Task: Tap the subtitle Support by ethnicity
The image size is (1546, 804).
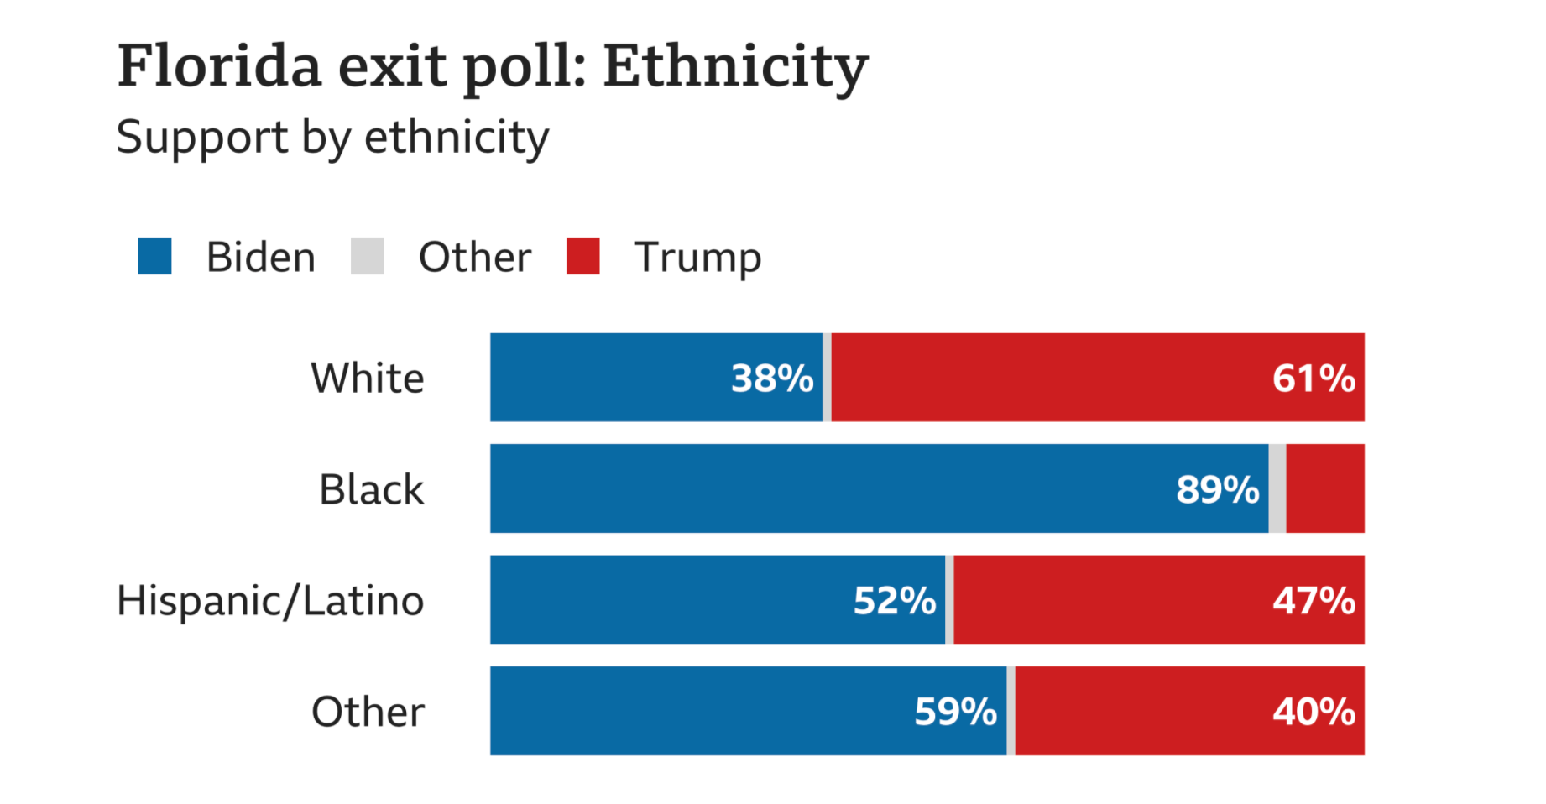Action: [332, 137]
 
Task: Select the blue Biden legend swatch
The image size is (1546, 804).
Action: [155, 256]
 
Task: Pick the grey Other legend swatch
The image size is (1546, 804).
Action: [368, 256]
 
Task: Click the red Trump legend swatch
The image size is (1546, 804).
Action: [583, 256]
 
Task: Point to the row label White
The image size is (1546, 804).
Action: [368, 378]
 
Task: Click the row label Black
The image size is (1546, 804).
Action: [372, 489]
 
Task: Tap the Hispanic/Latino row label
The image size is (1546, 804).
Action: [270, 601]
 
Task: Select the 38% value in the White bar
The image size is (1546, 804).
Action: [772, 379]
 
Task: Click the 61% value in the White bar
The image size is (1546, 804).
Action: [1314, 379]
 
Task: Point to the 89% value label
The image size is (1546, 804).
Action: [1217, 489]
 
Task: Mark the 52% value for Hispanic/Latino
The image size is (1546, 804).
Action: [895, 601]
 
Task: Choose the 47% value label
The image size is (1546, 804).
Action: [1314, 601]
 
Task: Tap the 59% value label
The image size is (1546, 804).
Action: [955, 712]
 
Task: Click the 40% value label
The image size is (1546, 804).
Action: [1314, 712]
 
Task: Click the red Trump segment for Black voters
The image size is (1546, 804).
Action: [1325, 488]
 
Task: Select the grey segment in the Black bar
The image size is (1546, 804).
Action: [1277, 488]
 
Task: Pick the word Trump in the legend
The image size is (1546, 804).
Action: [697, 258]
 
